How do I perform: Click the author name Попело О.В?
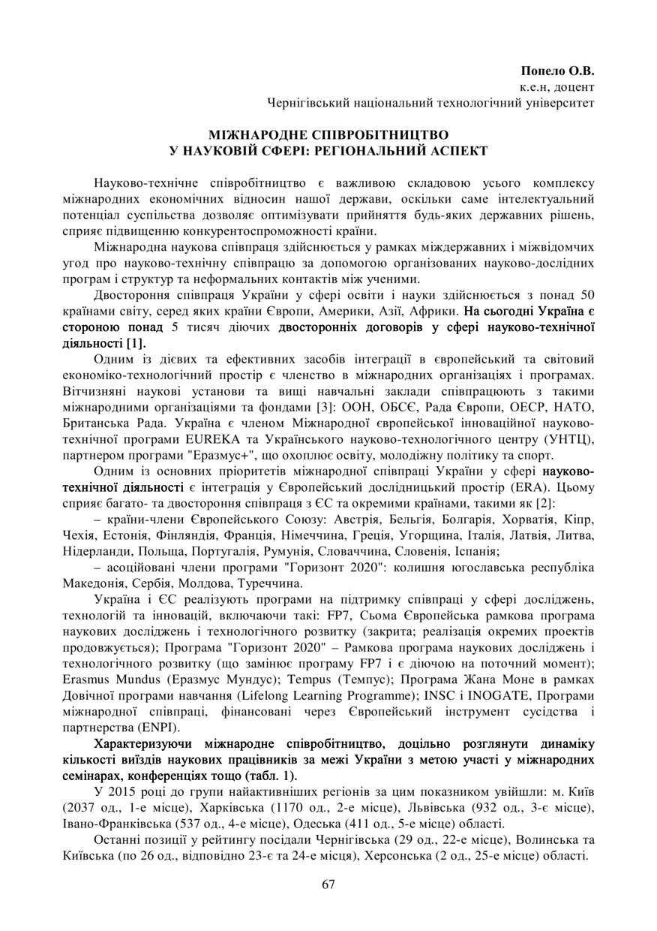pos(556,71)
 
